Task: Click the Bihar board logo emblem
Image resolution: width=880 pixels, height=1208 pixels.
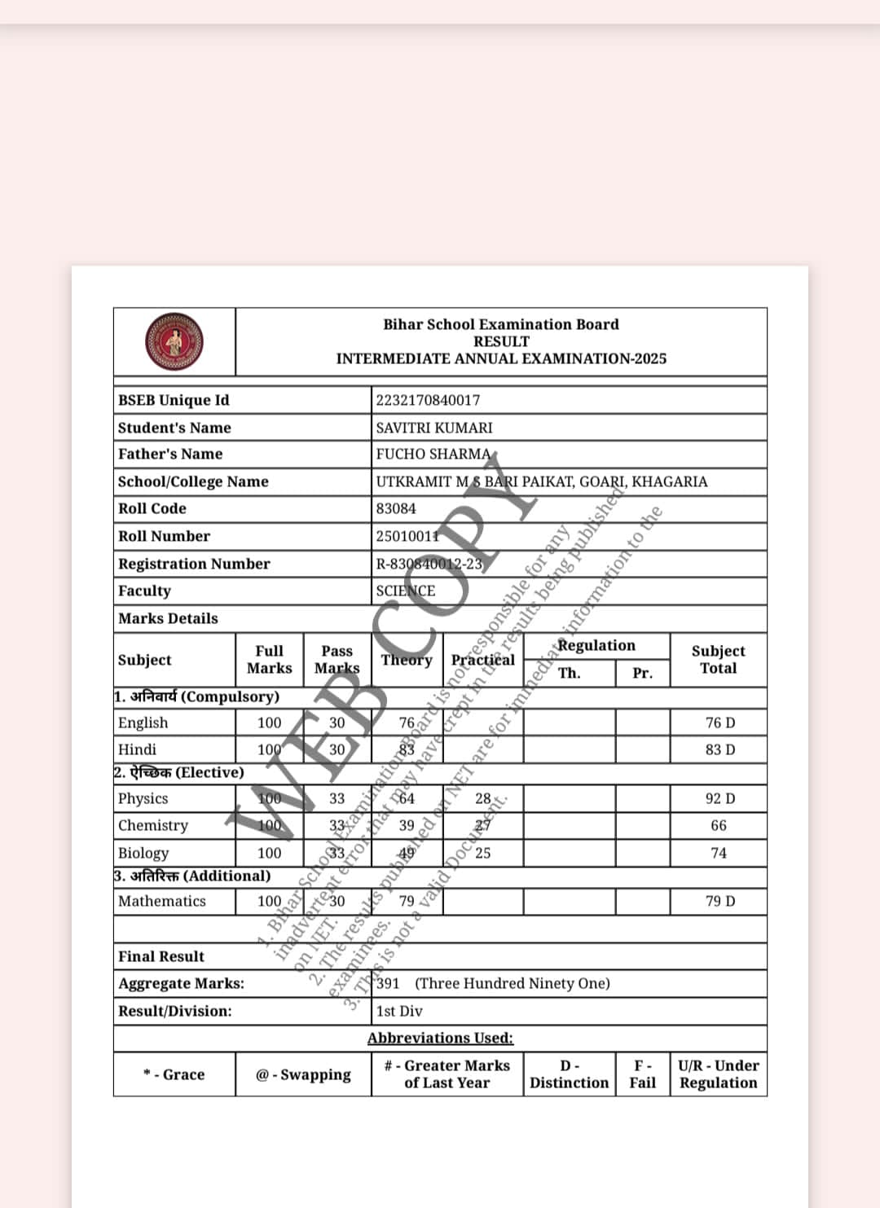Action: (x=174, y=342)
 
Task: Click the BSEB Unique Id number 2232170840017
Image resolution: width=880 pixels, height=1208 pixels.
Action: (x=428, y=400)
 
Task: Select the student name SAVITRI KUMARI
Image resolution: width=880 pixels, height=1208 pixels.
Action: (x=434, y=428)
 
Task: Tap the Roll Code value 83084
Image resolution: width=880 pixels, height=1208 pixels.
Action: (x=396, y=508)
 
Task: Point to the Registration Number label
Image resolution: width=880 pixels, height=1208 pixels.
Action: (x=194, y=564)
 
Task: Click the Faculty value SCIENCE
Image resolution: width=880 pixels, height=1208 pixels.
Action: (x=406, y=591)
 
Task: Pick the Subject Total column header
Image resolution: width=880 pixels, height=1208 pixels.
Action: (x=718, y=659)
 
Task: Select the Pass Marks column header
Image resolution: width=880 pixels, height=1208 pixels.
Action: (x=337, y=659)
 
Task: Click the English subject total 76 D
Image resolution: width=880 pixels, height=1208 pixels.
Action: (x=719, y=723)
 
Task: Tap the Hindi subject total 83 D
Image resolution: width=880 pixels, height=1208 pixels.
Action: (x=719, y=749)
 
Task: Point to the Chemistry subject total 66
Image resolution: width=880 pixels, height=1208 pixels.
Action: (x=719, y=825)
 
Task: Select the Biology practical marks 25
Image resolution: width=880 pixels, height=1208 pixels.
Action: (x=483, y=853)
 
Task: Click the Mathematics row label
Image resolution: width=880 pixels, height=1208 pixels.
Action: (x=162, y=901)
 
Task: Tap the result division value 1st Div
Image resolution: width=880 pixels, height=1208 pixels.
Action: (x=399, y=1011)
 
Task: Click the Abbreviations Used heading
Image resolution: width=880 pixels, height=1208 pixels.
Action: (x=440, y=1038)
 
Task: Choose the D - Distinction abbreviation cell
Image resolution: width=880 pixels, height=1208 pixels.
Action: (x=569, y=1074)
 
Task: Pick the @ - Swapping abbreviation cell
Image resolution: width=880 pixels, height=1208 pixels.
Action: (x=303, y=1074)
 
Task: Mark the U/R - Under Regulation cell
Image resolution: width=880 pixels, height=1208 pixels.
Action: (x=718, y=1074)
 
